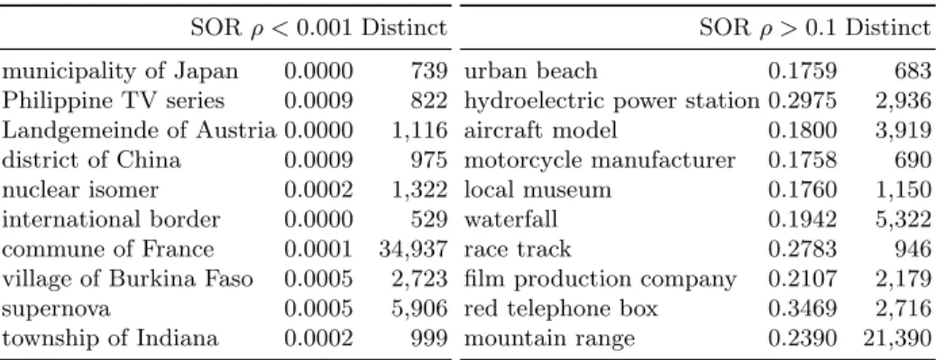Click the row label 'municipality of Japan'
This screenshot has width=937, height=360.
click(120, 72)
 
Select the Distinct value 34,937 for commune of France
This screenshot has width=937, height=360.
click(413, 250)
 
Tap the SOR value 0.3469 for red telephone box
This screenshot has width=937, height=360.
click(802, 309)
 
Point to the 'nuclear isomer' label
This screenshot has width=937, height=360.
click(80, 190)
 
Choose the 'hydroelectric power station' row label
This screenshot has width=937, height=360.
click(612, 101)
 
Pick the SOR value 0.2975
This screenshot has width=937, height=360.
click(802, 100)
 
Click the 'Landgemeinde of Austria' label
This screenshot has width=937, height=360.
click(140, 131)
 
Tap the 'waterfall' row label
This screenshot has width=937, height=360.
click(511, 219)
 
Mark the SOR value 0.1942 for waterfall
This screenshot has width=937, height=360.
click(802, 219)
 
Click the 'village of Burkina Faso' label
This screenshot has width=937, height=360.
click(127, 280)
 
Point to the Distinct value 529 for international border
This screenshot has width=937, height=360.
click(428, 219)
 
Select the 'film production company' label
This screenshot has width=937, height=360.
click(601, 280)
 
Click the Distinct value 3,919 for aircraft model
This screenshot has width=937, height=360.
click(904, 131)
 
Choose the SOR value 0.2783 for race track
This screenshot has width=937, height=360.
click(802, 249)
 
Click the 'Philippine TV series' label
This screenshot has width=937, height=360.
click(113, 101)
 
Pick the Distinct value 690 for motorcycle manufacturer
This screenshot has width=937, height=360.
click(913, 161)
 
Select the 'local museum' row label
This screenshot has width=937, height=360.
click(537, 190)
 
